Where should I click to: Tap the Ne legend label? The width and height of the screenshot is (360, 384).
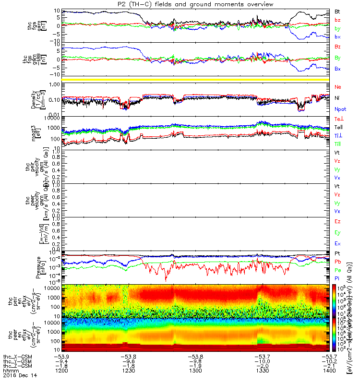tap(337, 87)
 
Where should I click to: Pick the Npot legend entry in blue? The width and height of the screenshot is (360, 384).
tap(340, 109)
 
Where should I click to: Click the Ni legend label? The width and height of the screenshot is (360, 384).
tap(337, 98)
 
